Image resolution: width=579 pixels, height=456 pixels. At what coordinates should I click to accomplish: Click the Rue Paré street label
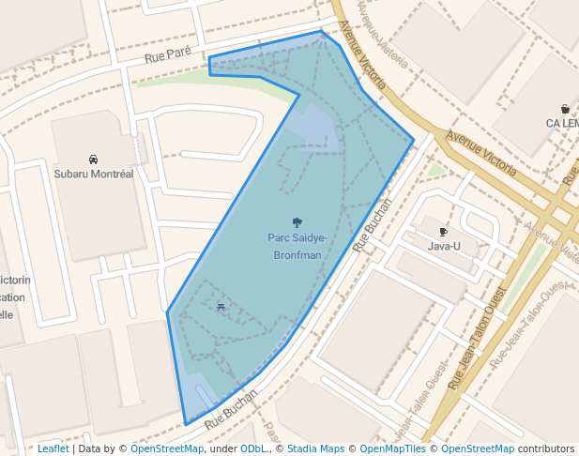168,57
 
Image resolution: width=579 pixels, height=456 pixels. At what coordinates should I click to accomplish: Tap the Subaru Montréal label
94,174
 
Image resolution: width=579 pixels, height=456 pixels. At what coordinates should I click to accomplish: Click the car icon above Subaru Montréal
94,159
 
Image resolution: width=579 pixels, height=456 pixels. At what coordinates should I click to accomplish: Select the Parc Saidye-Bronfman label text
297,246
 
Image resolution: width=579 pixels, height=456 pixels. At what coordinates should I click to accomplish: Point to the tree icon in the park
297,222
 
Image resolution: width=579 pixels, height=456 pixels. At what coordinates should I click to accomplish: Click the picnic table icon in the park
221,307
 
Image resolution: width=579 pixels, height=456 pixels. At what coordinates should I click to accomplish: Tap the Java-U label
444,246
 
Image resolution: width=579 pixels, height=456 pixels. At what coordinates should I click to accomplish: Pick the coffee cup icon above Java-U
444,231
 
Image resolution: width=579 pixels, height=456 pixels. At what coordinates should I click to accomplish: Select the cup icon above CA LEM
564,108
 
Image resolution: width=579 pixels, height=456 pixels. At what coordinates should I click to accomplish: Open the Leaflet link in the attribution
53,448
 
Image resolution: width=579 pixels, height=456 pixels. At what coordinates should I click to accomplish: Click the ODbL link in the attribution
253,448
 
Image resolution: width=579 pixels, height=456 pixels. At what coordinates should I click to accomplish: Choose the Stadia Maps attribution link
315,448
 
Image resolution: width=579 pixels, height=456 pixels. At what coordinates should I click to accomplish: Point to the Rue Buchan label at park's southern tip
231,410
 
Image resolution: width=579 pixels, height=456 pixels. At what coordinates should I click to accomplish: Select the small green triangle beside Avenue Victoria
434,171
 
